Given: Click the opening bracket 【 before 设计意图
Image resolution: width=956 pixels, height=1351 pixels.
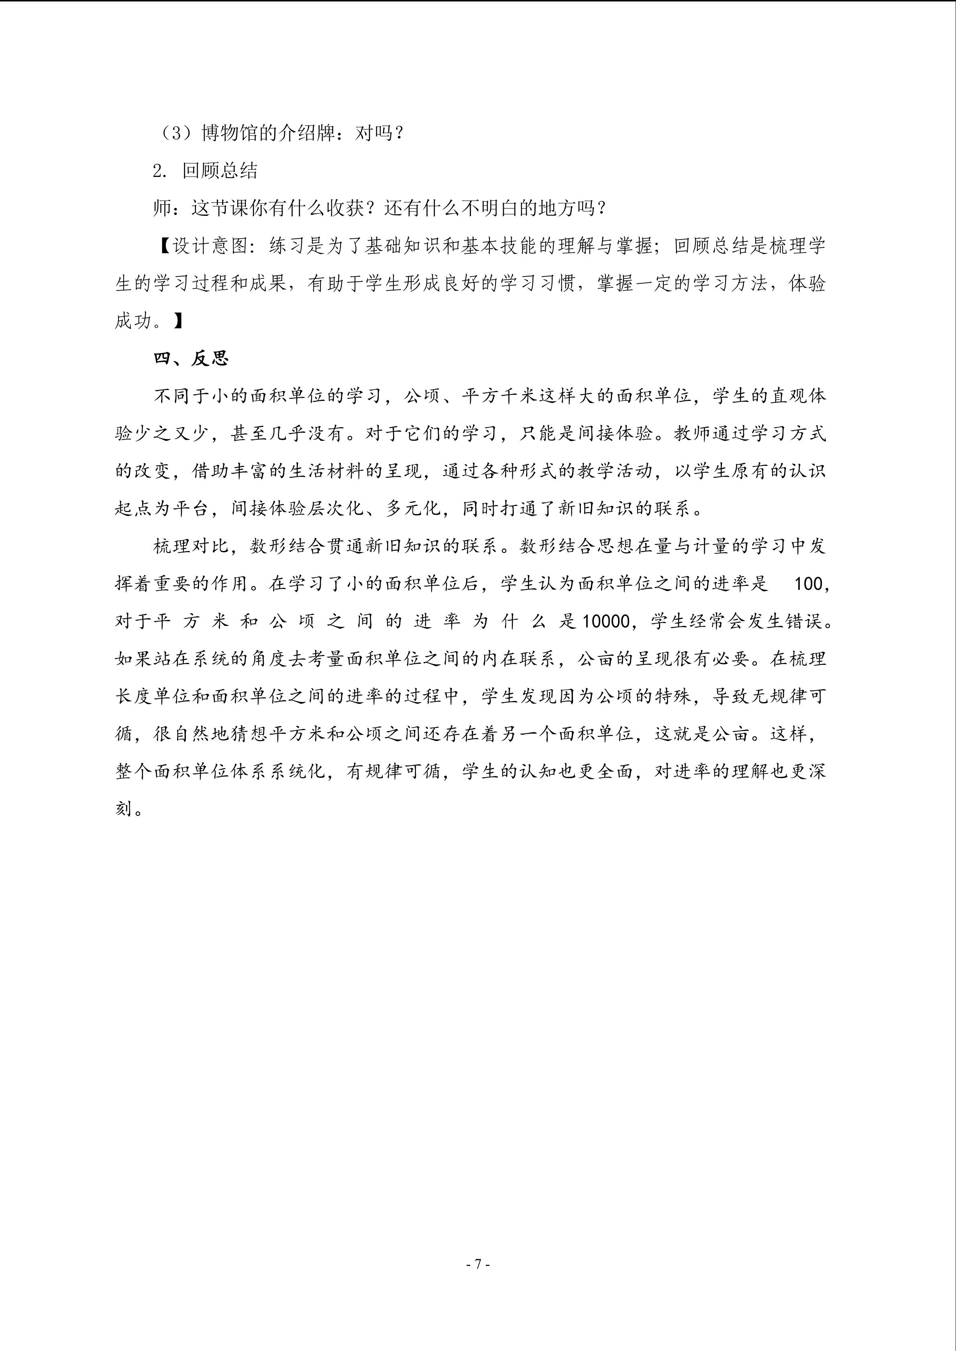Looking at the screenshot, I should [x=163, y=246].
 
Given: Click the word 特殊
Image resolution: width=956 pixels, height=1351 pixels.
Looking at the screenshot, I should [x=673, y=697].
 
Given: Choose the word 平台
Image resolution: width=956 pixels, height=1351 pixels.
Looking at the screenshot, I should [x=191, y=508].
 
